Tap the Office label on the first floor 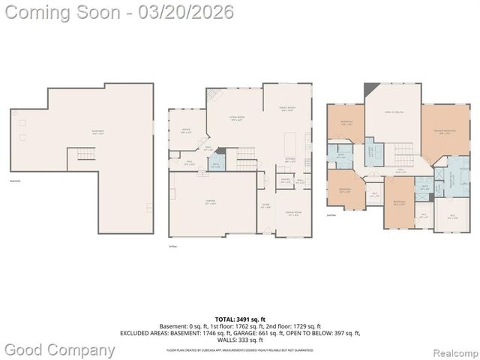[x=186, y=131]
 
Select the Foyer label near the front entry [x=265, y=205]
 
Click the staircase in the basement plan [x=82, y=156]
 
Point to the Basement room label [x=98, y=132]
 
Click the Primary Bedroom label [x=444, y=132]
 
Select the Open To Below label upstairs [x=394, y=112]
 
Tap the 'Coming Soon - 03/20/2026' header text [x=117, y=12]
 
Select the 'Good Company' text [x=59, y=349]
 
